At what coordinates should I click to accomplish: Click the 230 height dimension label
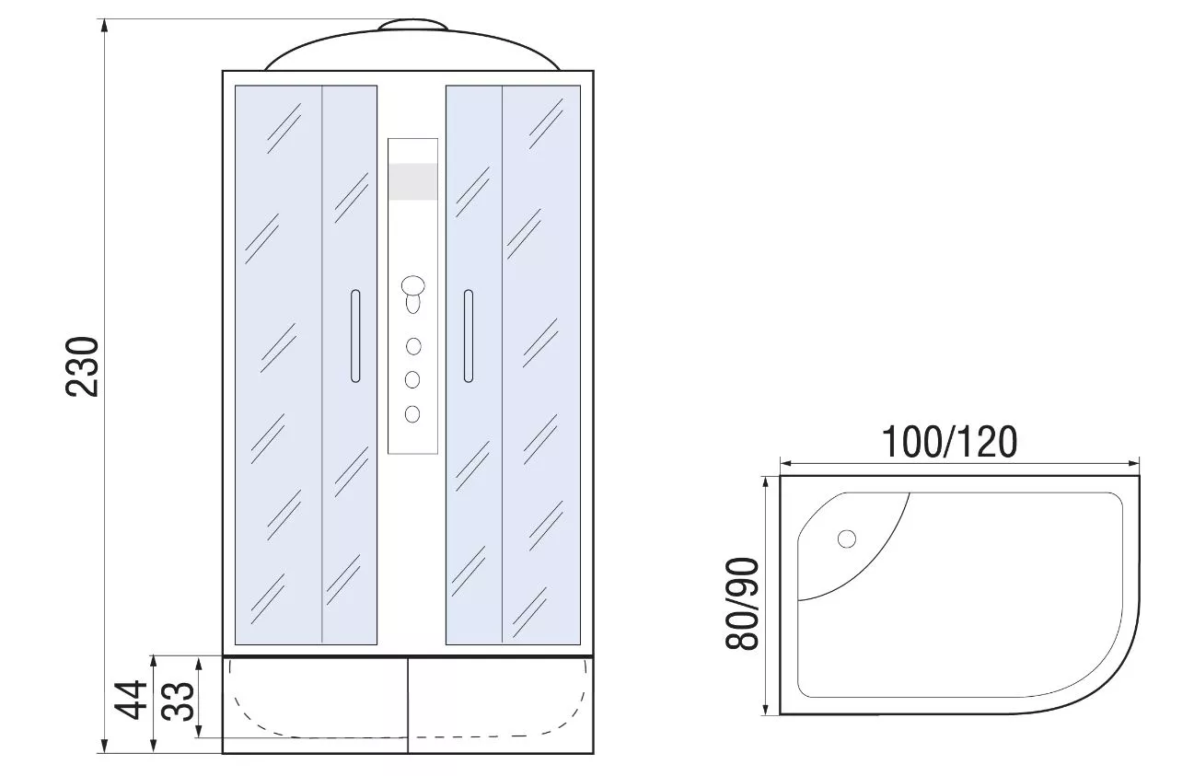pos(83,366)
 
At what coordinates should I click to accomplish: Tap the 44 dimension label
pos(131,700)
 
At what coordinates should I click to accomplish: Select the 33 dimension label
pos(178,701)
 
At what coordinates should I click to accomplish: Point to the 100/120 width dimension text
pos(949,442)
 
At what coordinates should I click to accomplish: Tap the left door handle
pos(355,336)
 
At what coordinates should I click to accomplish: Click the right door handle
pos(469,336)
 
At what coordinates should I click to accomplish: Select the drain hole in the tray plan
pos(847,539)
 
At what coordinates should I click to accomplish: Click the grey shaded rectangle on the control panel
pos(413,181)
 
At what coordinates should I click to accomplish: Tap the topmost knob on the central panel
pos(413,285)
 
